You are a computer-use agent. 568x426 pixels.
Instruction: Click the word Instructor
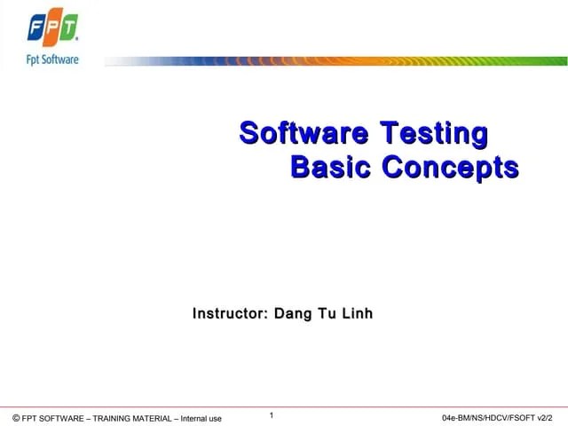(x=230, y=313)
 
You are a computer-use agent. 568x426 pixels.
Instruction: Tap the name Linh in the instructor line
(x=357, y=313)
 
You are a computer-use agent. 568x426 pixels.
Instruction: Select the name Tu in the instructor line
(x=326, y=313)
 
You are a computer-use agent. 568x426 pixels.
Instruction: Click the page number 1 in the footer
(x=272, y=414)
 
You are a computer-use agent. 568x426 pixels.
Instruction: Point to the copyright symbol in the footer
(x=16, y=418)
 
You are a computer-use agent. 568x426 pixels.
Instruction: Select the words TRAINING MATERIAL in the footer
(x=133, y=418)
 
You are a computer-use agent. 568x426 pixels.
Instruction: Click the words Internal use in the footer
(x=201, y=418)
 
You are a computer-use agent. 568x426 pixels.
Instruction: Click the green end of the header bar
(x=550, y=61)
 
